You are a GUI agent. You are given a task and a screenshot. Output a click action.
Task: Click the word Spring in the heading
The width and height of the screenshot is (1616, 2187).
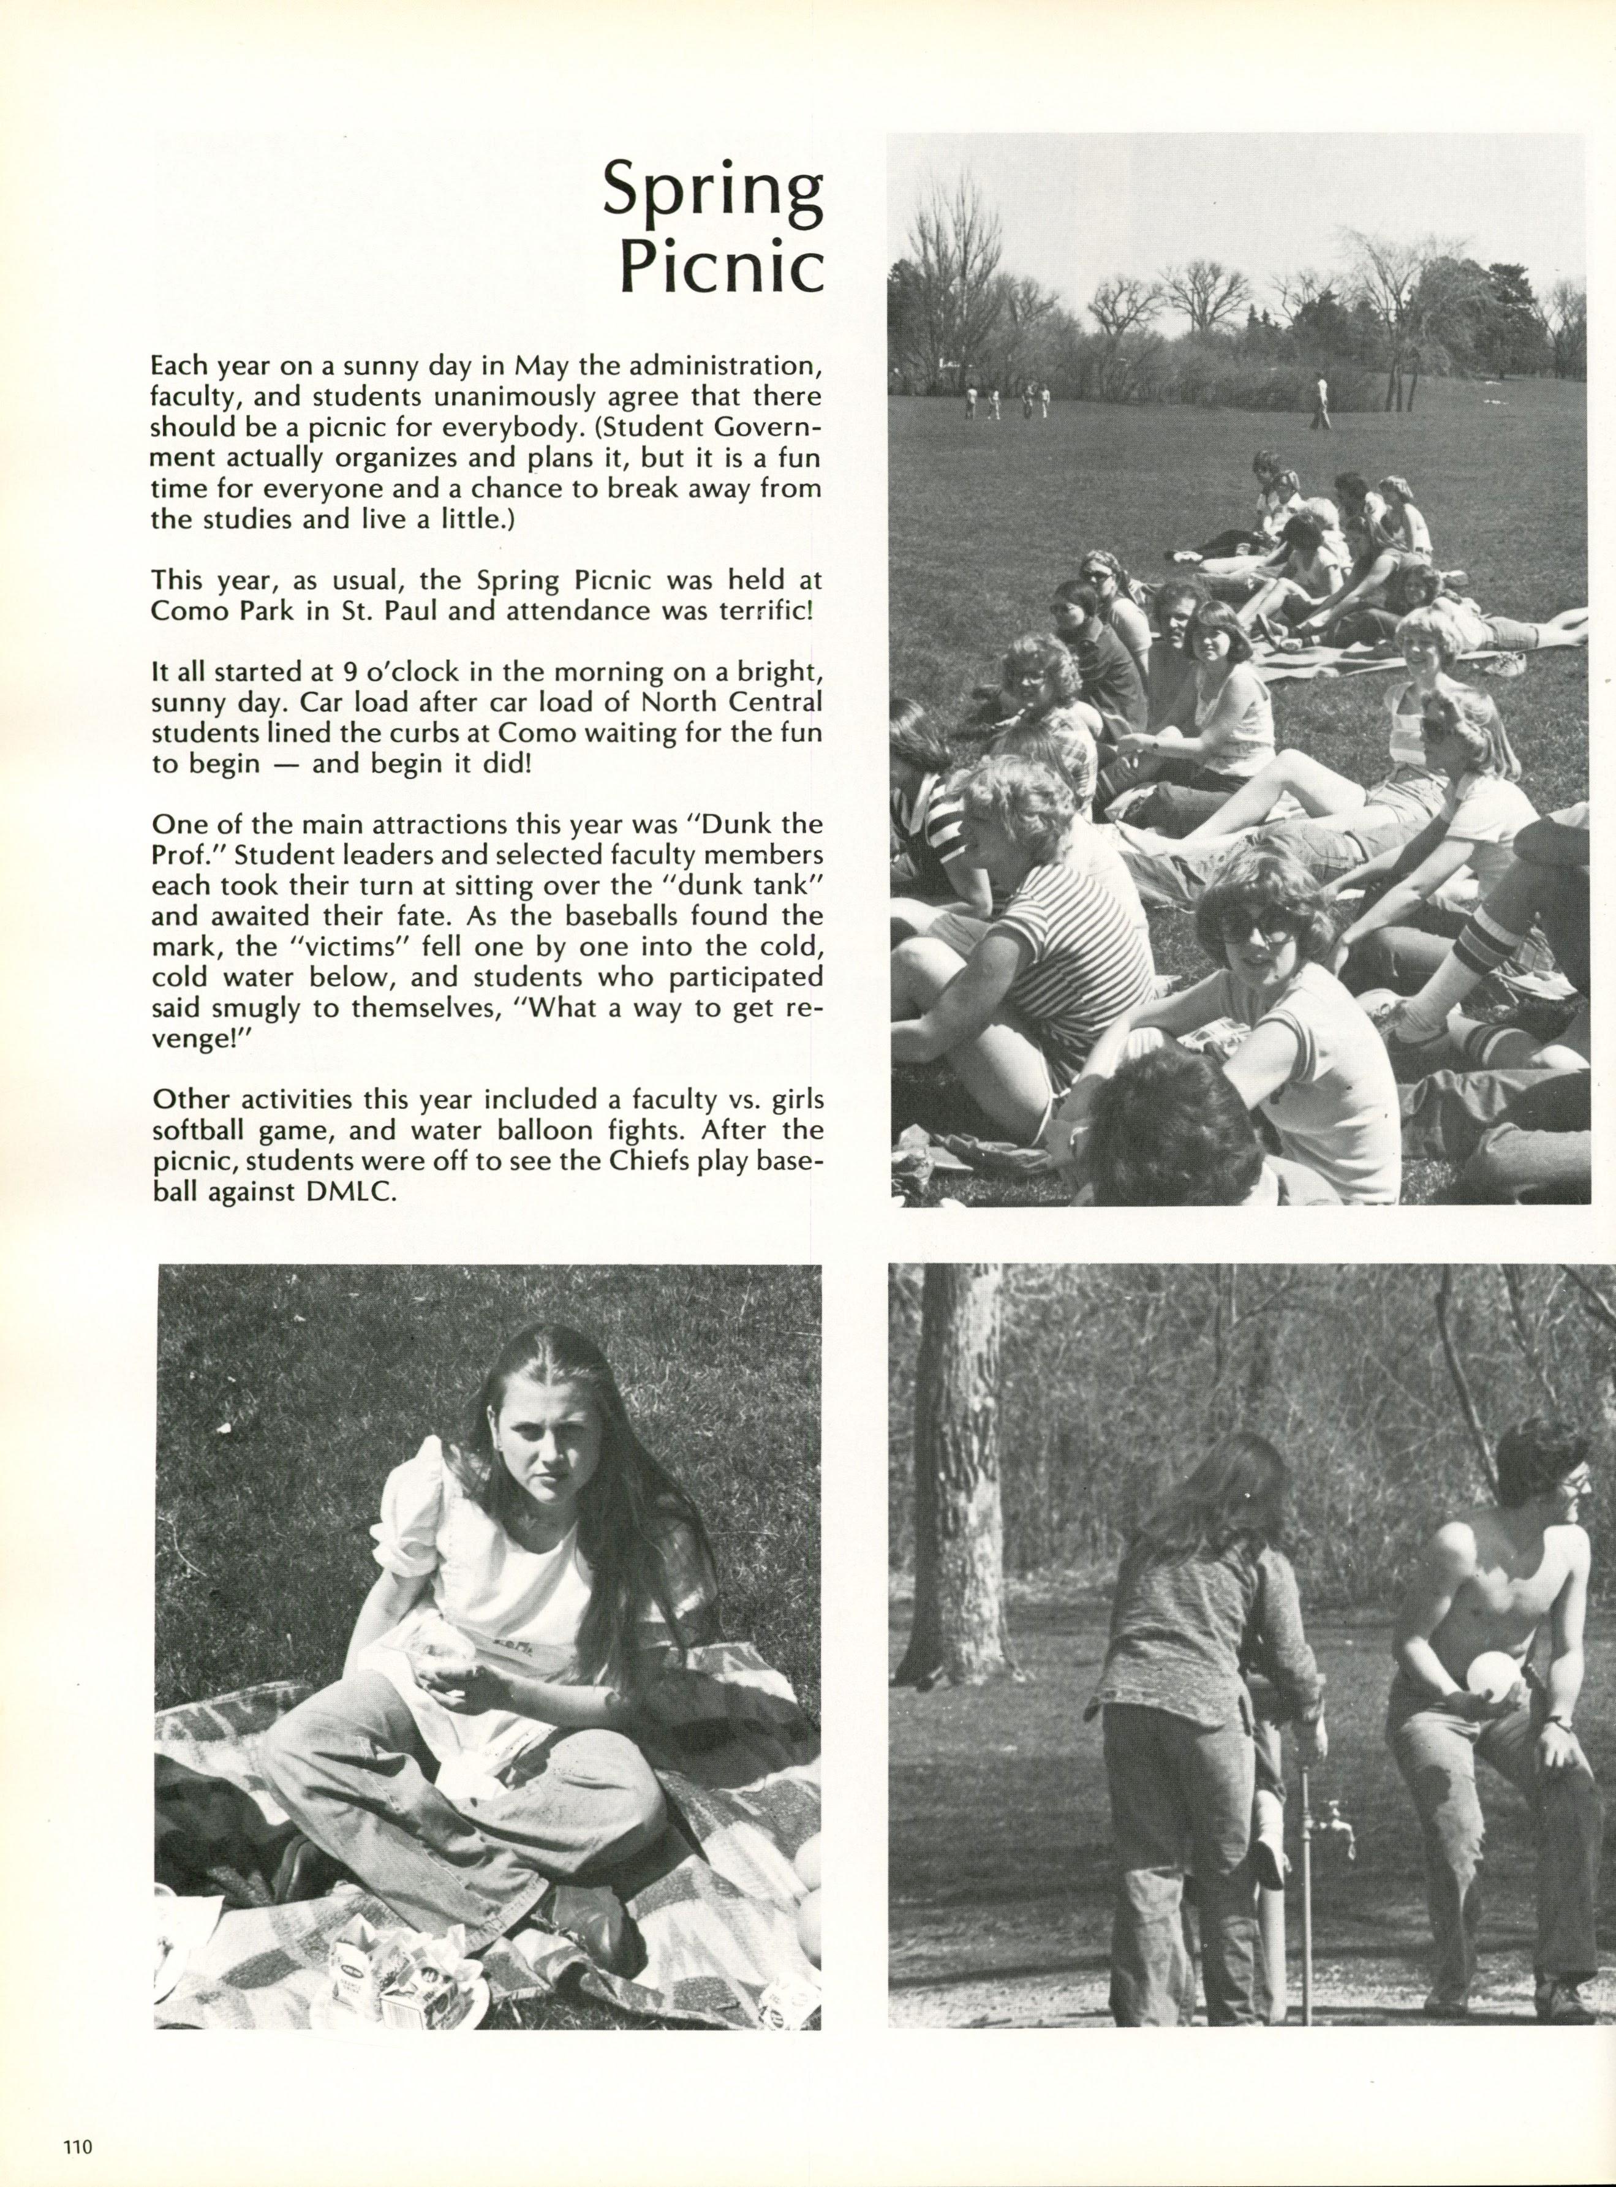tap(711, 190)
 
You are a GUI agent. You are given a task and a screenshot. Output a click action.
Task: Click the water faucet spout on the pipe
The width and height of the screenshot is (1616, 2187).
tap(1334, 1822)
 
